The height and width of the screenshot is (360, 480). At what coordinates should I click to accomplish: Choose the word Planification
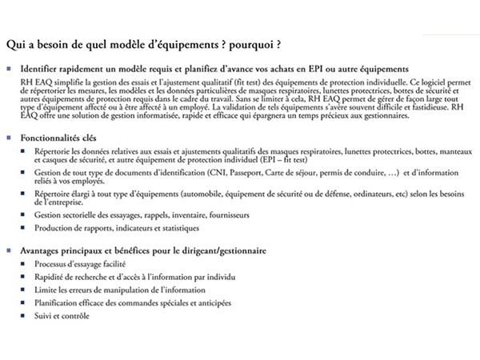click(x=58, y=302)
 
